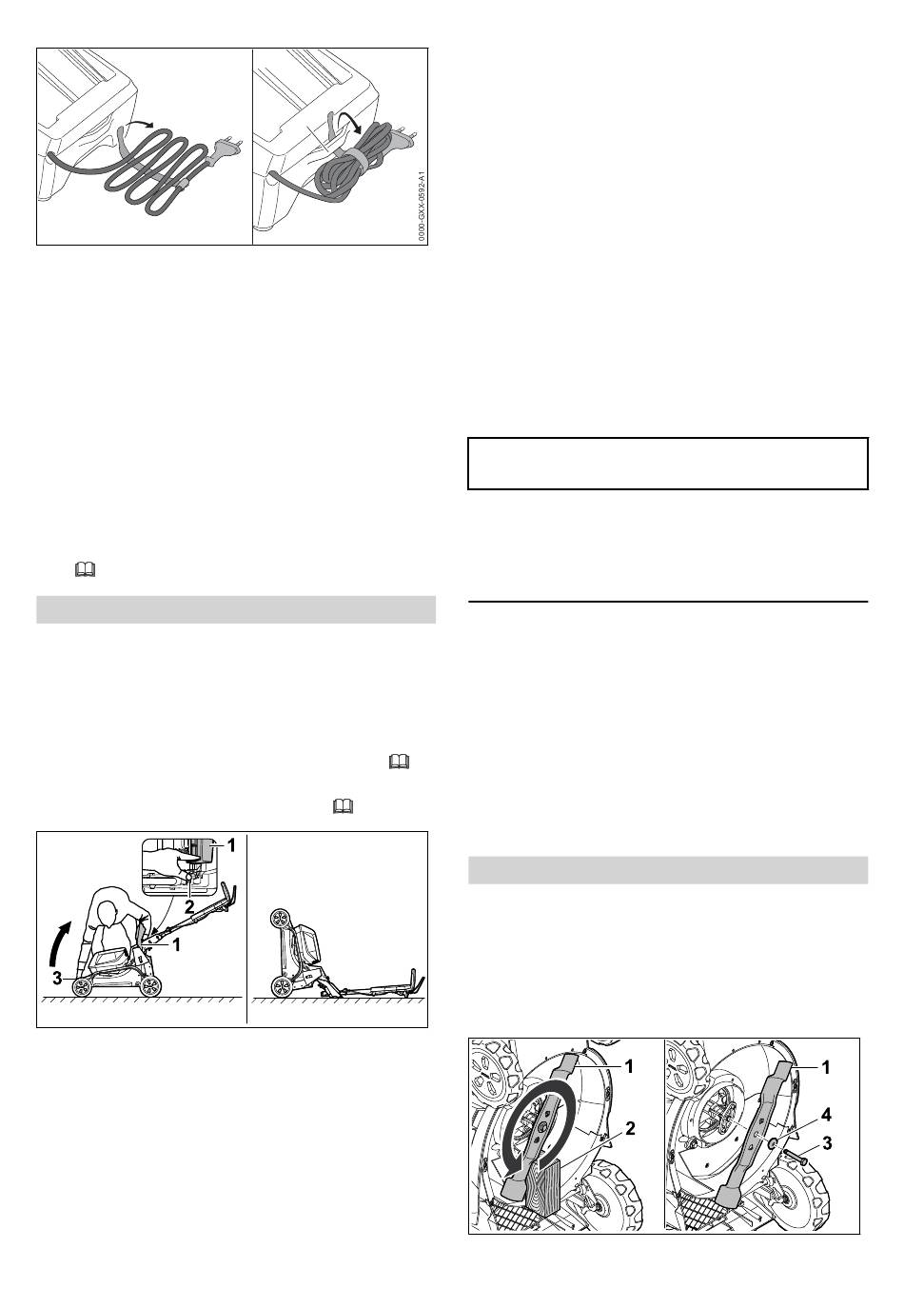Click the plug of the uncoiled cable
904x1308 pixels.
coord(227,148)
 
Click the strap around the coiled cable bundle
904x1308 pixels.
coord(354,159)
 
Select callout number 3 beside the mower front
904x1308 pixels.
coord(57,978)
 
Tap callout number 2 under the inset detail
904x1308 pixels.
coord(189,906)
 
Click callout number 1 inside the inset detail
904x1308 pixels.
coord(231,845)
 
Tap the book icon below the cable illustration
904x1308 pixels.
coord(86,570)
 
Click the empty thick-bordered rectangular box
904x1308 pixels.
coord(668,463)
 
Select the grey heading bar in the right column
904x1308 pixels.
coord(668,870)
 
